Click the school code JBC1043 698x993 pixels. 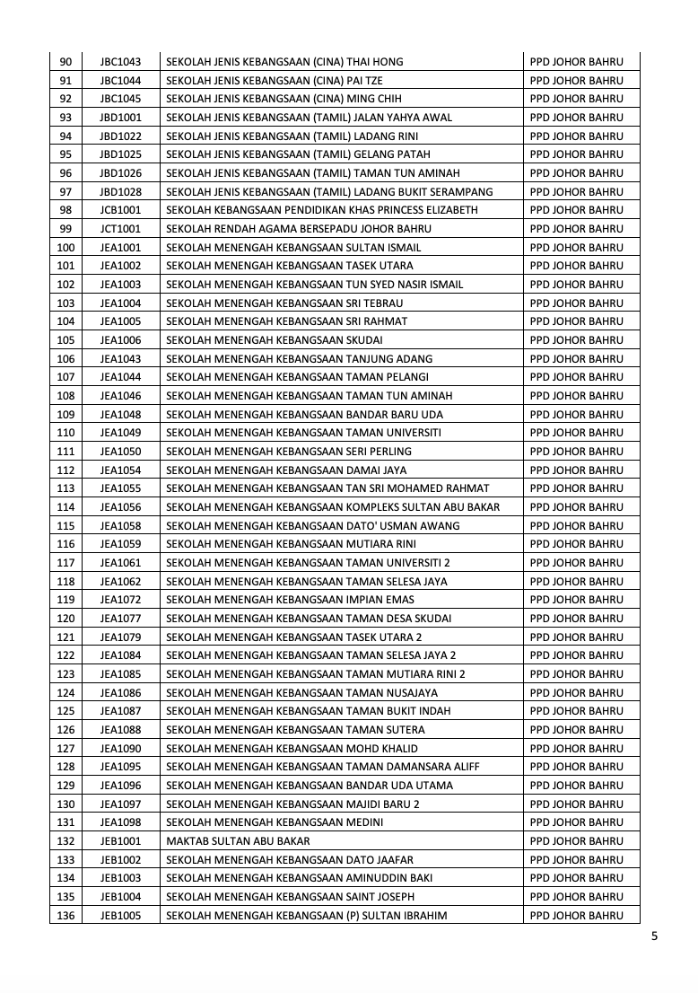pos(120,62)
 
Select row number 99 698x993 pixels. pos(65,229)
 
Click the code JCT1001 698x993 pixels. pos(120,229)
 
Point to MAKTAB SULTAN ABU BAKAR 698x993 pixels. pos(238,841)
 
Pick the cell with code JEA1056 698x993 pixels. pos(120,507)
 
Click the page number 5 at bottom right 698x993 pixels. pos(654,936)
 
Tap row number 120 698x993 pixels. pos(65,619)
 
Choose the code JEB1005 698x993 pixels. pos(120,916)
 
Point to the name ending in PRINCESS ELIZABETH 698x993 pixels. pos(322,210)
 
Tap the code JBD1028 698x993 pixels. pos(120,191)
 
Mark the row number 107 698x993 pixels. pos(65,377)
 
